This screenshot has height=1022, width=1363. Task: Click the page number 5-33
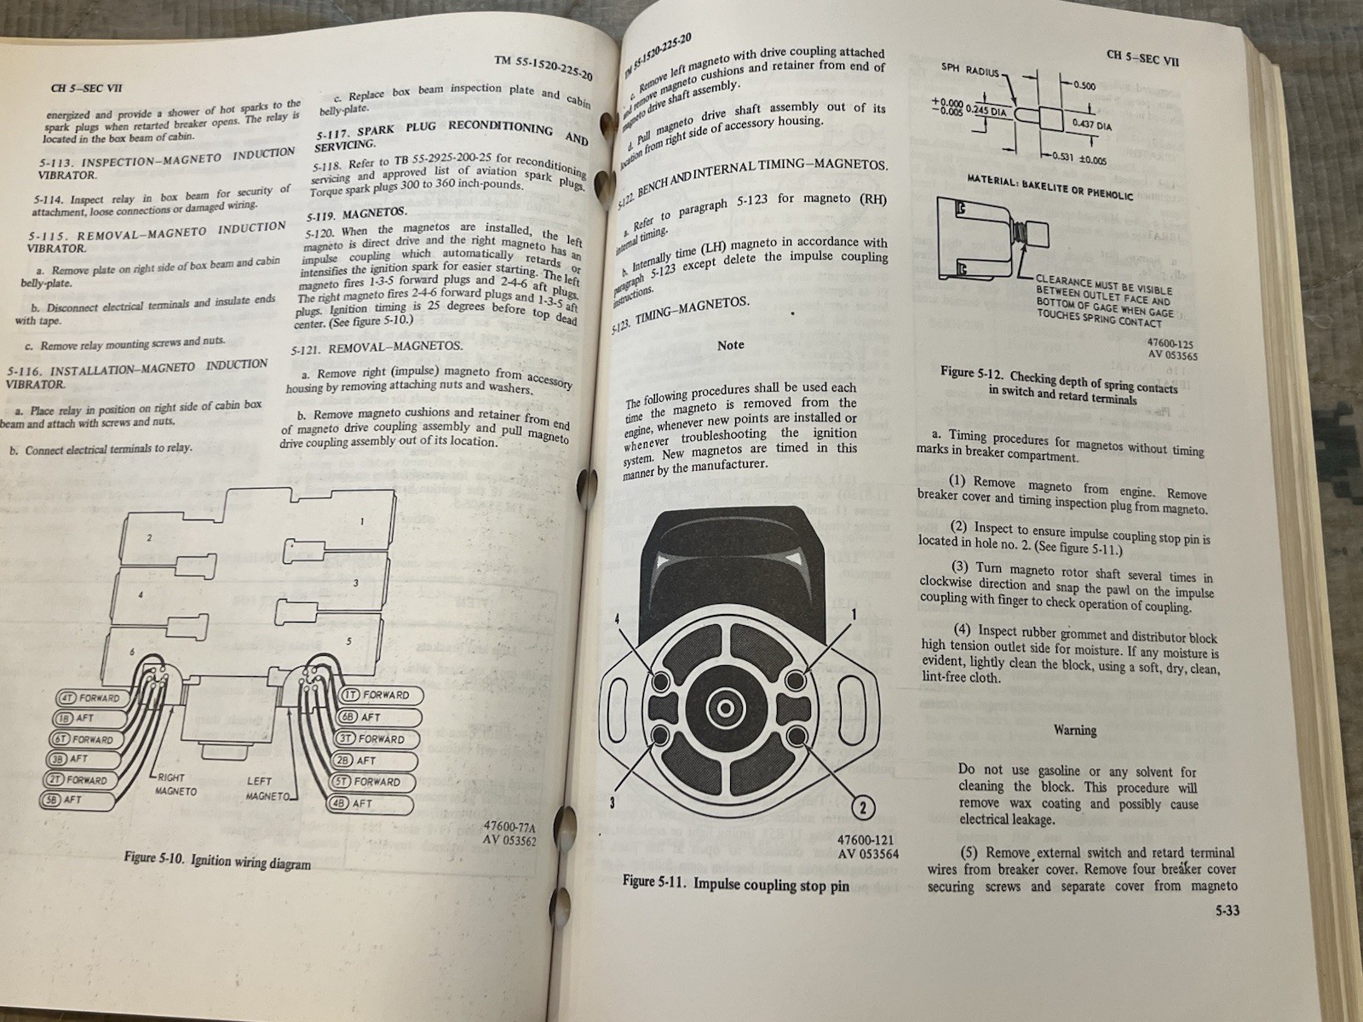coord(1226,910)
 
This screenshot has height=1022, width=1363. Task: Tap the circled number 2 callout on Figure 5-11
coord(861,807)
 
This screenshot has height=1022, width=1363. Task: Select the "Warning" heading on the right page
coord(1075,730)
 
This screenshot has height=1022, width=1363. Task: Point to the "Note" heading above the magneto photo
coord(730,345)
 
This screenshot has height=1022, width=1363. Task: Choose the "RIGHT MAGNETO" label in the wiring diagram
coord(175,784)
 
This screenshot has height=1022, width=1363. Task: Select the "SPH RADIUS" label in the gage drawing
coord(970,72)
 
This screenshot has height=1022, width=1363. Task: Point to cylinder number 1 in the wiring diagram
coord(361,521)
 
